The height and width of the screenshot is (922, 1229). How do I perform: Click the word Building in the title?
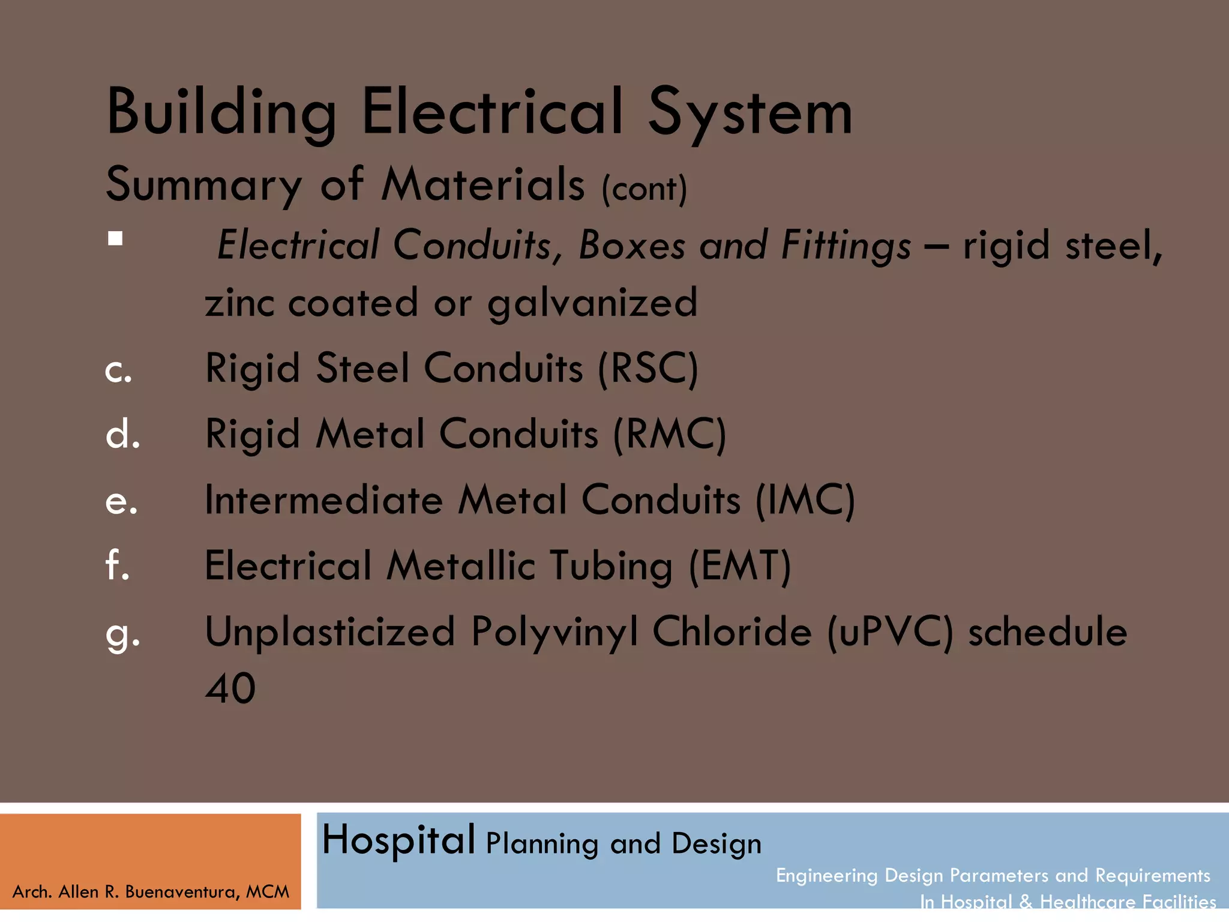(x=221, y=113)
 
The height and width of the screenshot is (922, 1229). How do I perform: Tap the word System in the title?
(x=750, y=113)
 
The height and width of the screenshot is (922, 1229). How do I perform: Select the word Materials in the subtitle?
(x=483, y=184)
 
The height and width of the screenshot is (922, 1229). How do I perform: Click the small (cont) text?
(x=645, y=189)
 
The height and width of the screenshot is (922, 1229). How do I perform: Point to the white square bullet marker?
(x=115, y=239)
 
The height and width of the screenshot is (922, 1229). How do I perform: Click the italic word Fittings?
(x=846, y=246)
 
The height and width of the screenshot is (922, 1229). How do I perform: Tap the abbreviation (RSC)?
(x=648, y=368)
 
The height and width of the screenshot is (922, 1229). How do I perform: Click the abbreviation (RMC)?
(x=670, y=434)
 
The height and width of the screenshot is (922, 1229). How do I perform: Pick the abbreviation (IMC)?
(x=805, y=500)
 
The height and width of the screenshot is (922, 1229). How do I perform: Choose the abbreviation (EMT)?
(x=740, y=566)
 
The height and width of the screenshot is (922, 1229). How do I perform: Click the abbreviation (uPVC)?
(x=890, y=632)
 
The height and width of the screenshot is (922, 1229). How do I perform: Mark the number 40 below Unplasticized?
(x=230, y=688)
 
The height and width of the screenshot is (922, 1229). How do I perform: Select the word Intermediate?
(x=323, y=500)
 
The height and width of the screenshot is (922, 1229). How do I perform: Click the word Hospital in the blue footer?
(x=398, y=840)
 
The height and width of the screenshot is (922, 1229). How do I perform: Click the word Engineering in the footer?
(x=826, y=876)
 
